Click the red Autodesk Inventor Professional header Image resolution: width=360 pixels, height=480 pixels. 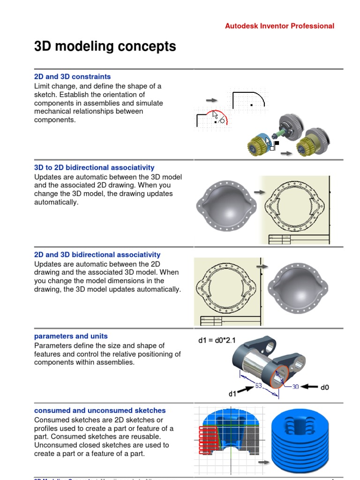tap(279, 26)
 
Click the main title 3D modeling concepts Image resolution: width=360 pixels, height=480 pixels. tap(105, 46)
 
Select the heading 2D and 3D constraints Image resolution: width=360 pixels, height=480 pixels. tap(72, 76)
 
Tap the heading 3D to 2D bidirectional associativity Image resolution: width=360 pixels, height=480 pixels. tap(94, 167)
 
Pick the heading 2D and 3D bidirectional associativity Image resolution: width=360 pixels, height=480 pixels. tap(97, 255)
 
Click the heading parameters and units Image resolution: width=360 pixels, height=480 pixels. tap(71, 336)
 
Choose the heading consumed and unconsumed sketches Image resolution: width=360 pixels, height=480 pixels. tap(99, 410)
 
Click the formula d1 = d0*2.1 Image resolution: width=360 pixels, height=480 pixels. tap(217, 340)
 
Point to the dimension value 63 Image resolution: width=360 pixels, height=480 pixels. tap(258, 386)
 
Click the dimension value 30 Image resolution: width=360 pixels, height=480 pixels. tap(295, 387)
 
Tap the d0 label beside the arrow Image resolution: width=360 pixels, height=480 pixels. tap(325, 387)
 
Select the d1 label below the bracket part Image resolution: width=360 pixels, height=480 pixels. tap(232, 394)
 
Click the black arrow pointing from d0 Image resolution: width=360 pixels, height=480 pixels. tap(309, 387)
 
